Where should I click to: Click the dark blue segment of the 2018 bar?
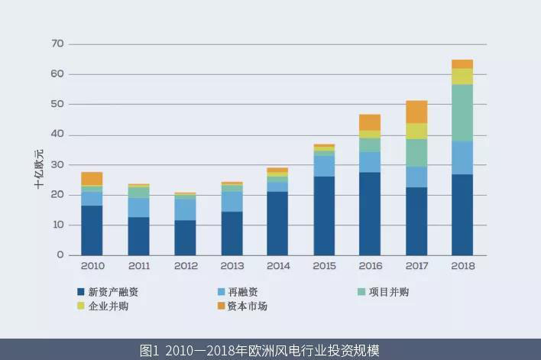coord(462,215)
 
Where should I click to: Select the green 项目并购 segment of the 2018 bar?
coord(462,112)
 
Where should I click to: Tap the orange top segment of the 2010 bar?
coord(92,178)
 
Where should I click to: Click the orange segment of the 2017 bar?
coord(416,112)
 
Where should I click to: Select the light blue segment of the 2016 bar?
coord(370,162)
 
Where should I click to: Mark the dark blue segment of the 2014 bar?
coord(277,223)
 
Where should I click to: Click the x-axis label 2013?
coord(231,266)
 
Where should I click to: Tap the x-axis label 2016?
coord(370,266)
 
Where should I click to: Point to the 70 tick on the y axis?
coord(57,44)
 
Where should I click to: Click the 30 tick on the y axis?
coord(57,164)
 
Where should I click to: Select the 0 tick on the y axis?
coord(60,255)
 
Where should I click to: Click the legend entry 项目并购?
coord(389,291)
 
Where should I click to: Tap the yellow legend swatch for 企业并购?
coord(81,306)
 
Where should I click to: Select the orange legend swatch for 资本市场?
coord(221,306)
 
